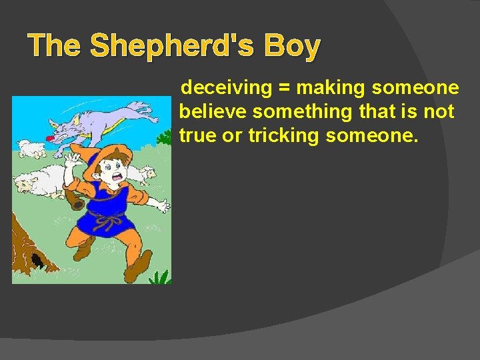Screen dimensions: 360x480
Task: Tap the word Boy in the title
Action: click(292, 47)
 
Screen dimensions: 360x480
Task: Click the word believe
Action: click(213, 111)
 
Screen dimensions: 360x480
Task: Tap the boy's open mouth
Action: click(119, 175)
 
